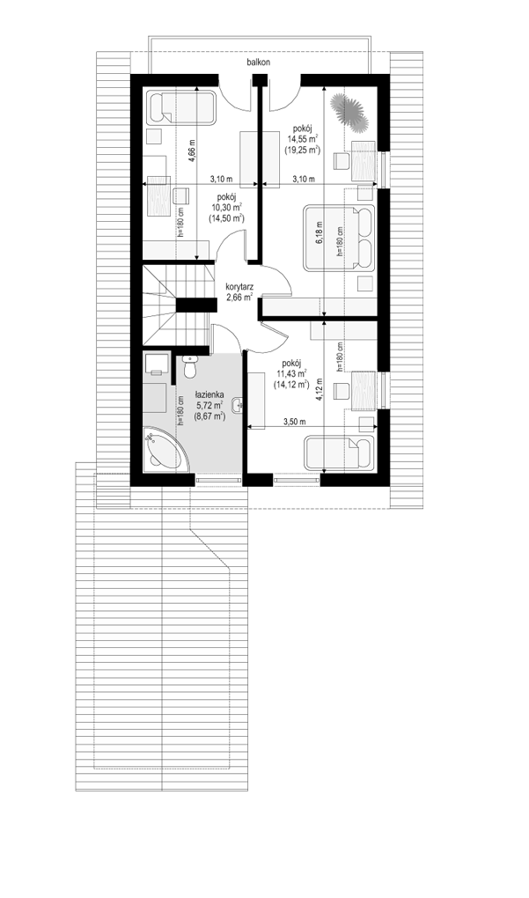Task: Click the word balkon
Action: [259, 62]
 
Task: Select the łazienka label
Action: [209, 395]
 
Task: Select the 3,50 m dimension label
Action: [294, 422]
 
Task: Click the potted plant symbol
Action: [348, 111]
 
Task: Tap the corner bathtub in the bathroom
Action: [166, 450]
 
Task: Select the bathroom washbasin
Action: [239, 406]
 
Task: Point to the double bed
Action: [339, 237]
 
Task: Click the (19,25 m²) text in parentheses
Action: [303, 149]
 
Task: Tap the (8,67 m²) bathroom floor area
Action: [209, 416]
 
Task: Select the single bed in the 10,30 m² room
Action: [182, 107]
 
